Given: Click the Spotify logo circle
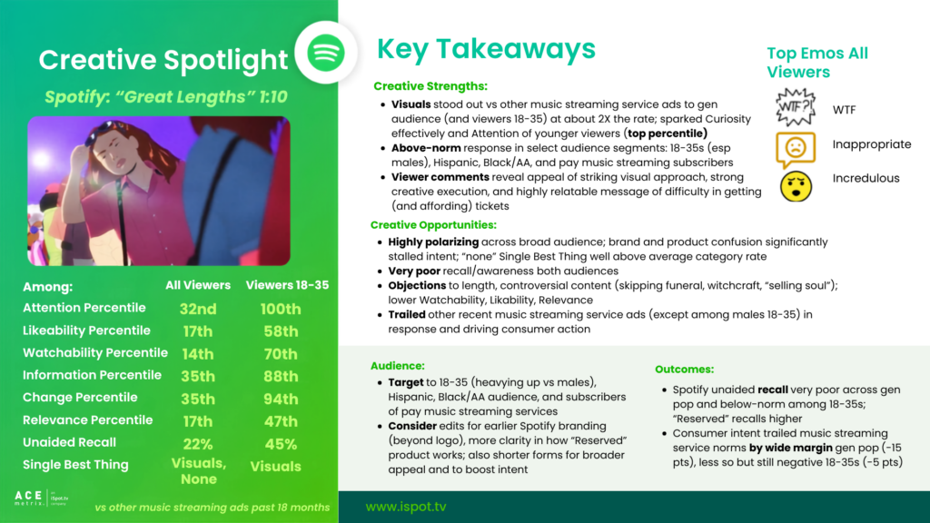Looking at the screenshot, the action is click(326, 53).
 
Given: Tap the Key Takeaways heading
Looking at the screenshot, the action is click(486, 49).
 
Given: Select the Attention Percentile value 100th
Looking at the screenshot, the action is click(281, 309).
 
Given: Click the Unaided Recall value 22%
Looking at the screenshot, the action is click(197, 444).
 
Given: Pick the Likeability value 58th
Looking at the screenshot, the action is click(281, 331).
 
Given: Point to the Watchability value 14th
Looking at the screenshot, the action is click(197, 354).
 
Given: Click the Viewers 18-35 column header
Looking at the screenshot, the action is click(287, 285).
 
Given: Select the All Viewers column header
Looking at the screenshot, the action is click(197, 285).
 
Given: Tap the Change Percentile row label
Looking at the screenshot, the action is click(80, 398).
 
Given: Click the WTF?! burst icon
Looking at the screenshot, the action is click(796, 107).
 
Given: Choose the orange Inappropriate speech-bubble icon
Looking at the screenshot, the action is click(796, 150).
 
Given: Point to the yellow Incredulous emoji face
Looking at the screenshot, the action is click(796, 186).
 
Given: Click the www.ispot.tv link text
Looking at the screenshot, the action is click(406, 507).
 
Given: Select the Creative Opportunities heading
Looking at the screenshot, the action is click(433, 225).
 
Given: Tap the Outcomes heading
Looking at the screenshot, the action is click(684, 369).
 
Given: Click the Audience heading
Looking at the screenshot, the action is click(398, 366).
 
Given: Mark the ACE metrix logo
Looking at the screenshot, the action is click(41, 498).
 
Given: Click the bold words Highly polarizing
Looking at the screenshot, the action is click(433, 242).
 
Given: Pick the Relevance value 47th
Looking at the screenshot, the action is click(281, 421).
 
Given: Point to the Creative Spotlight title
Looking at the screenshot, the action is click(163, 60).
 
